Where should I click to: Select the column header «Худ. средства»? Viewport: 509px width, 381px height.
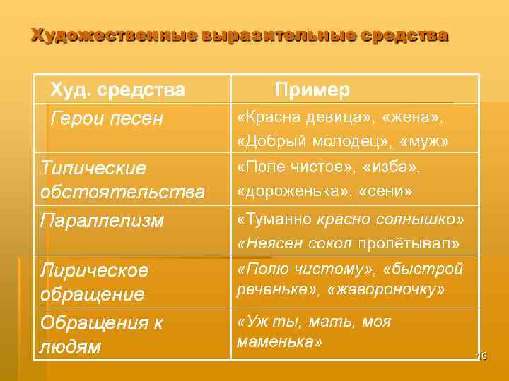pos(117,90)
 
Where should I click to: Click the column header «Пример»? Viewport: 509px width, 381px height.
pos(312,90)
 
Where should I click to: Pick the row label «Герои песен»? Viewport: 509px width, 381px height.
pos(105,119)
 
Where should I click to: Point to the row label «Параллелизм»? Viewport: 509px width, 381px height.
pos(102,221)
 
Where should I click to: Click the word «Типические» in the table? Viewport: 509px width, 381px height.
pos(93,169)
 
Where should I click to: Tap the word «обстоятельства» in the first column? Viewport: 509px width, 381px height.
pos(122,192)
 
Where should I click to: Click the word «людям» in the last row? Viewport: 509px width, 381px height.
pos(70,347)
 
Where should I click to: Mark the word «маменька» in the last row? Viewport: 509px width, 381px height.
pos(279,342)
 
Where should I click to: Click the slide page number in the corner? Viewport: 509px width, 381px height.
pos(483,356)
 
